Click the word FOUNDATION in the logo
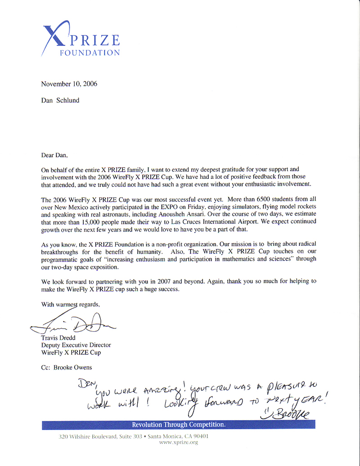[x=90, y=53]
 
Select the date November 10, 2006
[x=69, y=84]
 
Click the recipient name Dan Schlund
[x=60, y=100]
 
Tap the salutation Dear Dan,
[x=54, y=156]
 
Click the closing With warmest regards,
[x=70, y=304]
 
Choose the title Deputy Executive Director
[x=76, y=345]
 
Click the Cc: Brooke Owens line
[x=66, y=367]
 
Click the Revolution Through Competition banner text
[x=179, y=425]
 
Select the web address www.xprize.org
[x=179, y=443]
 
